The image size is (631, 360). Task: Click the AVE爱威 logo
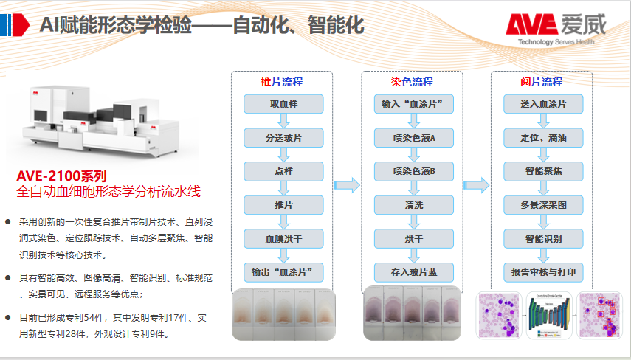click(555, 28)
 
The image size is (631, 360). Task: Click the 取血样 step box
click(283, 104)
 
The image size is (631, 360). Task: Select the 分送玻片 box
click(283, 138)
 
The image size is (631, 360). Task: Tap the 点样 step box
click(283, 171)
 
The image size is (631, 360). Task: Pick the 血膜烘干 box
click(283, 239)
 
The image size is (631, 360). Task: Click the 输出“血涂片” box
click(283, 272)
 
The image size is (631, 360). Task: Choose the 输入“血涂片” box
click(413, 104)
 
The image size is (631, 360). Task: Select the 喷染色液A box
click(413, 138)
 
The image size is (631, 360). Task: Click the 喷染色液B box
click(413, 171)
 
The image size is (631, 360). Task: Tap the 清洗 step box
click(413, 205)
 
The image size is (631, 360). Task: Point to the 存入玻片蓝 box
click(413, 272)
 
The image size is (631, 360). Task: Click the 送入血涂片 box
click(543, 104)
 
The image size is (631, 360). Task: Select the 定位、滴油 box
click(543, 138)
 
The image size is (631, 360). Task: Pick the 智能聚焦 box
click(543, 171)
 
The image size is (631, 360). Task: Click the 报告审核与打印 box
click(543, 272)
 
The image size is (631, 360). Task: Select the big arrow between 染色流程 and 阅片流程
click(477, 185)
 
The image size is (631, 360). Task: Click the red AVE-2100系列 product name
click(62, 176)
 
